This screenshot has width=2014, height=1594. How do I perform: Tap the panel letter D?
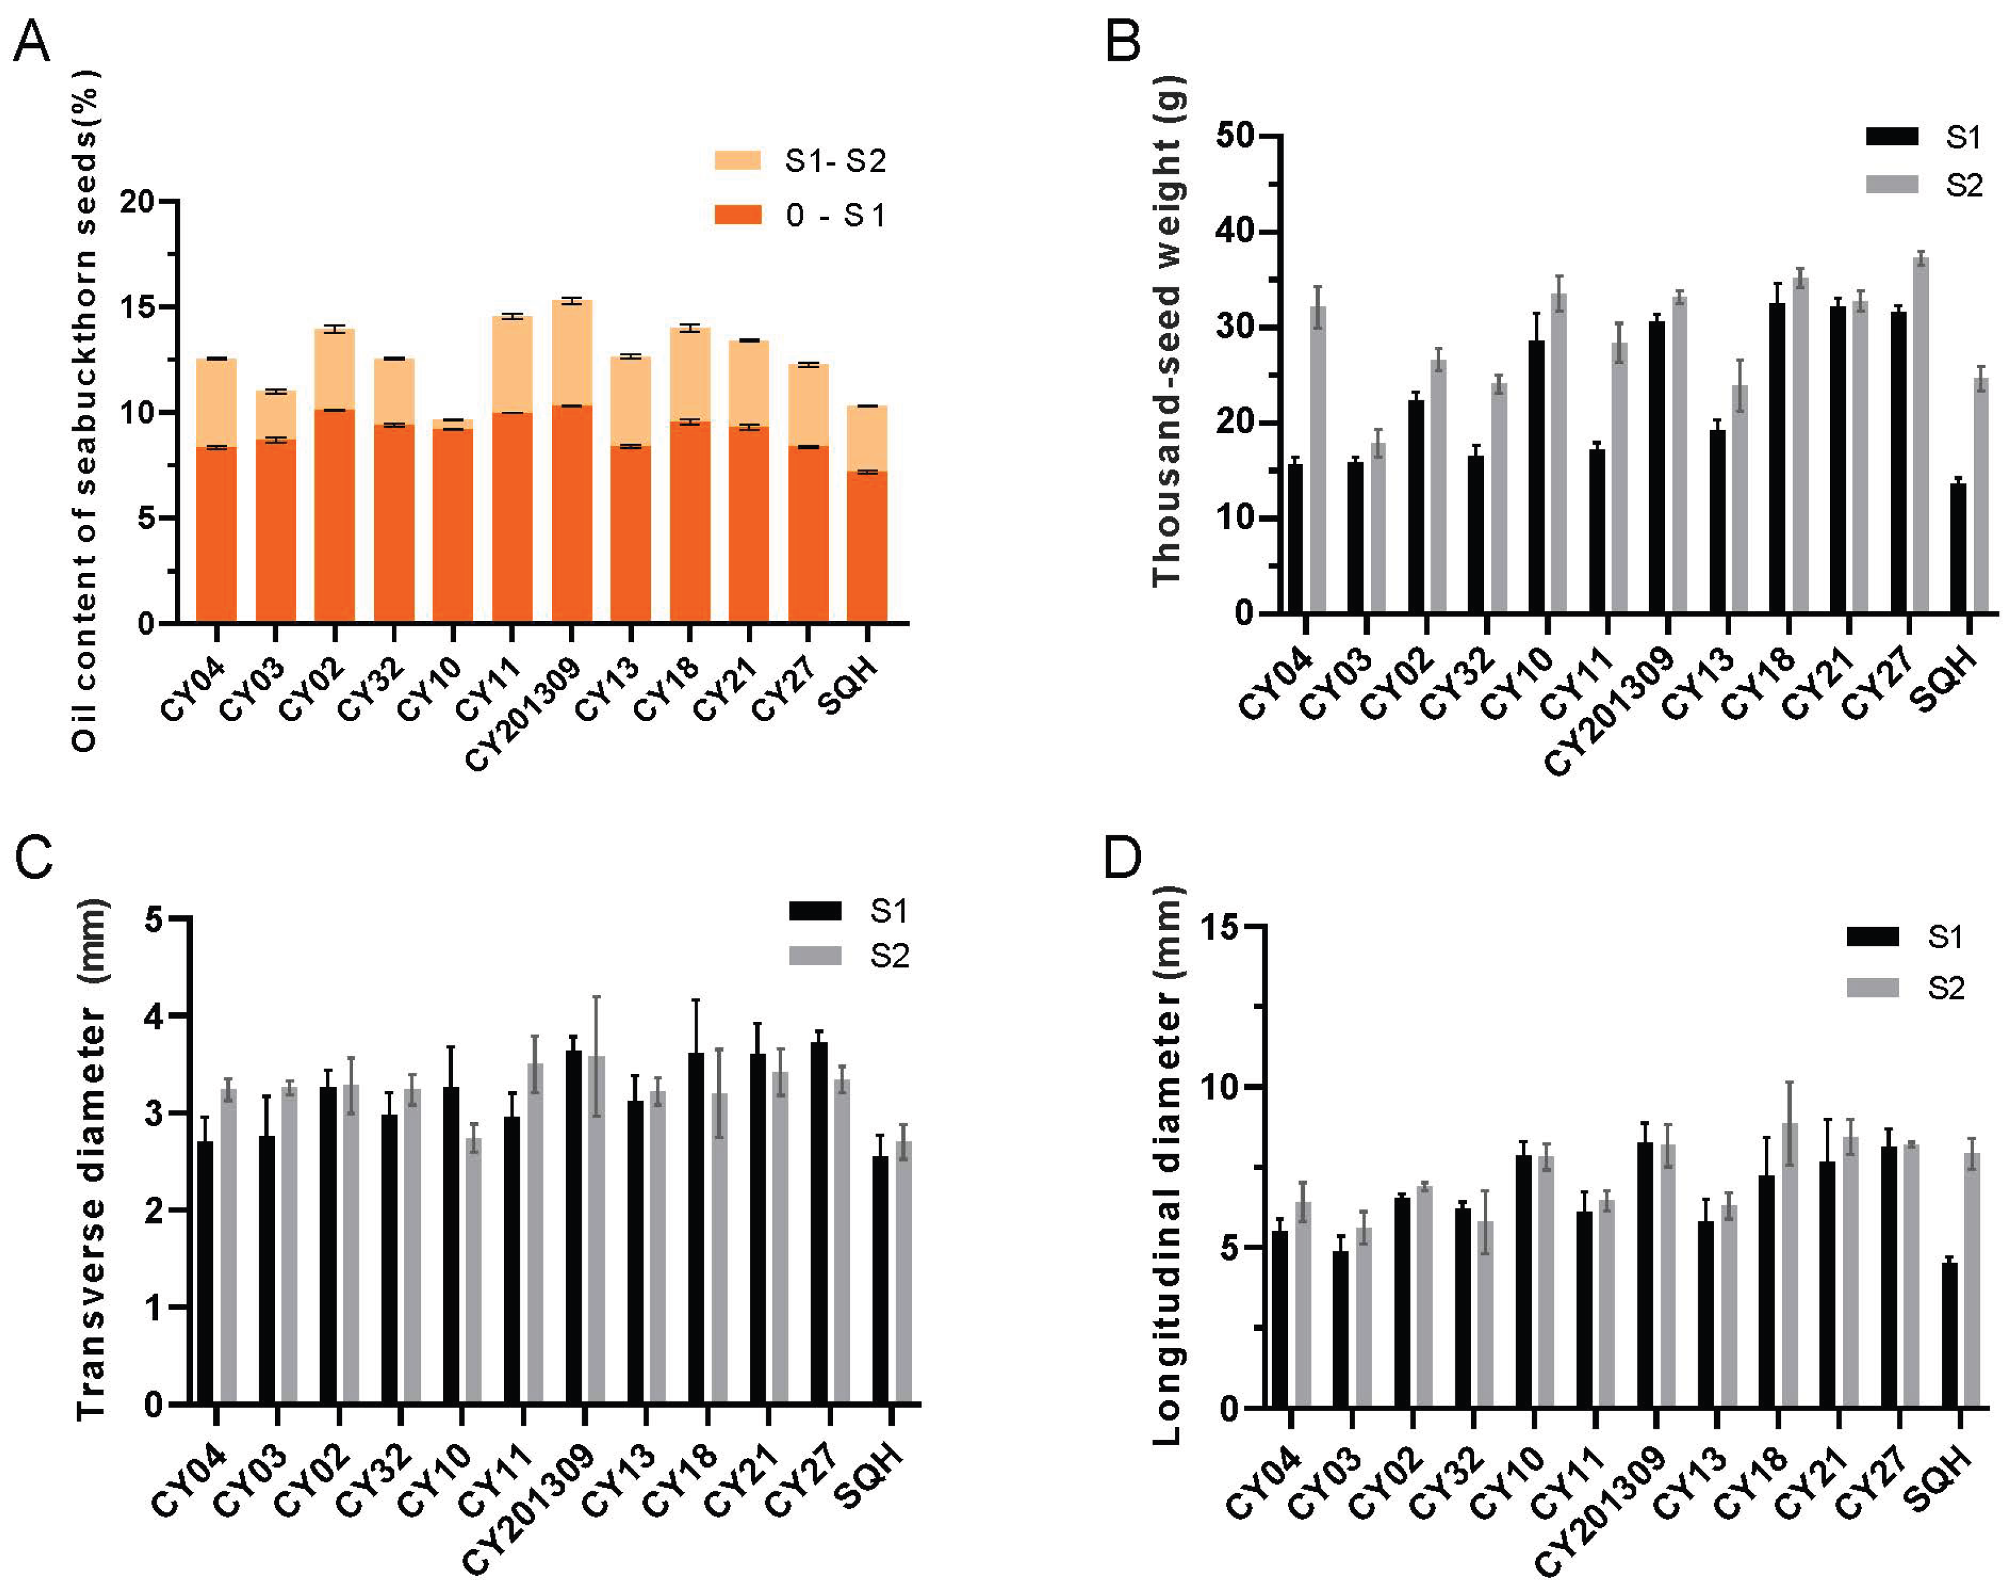1122,857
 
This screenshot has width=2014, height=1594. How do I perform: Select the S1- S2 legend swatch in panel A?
737,160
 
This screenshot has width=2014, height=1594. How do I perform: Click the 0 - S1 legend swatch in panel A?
737,214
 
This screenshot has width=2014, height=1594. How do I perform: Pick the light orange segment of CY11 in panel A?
512,364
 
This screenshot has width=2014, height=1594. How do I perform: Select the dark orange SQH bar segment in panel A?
866,547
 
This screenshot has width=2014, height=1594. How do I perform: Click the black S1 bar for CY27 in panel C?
819,1223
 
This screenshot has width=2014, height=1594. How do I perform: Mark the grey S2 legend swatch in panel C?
814,956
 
